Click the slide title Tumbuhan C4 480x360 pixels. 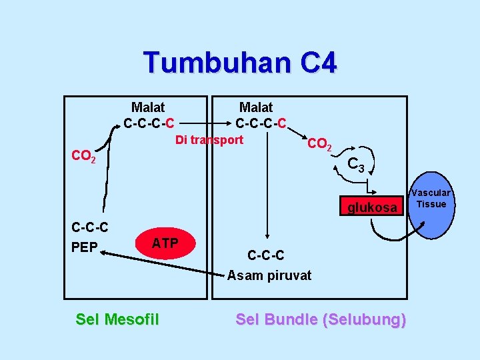point(240,63)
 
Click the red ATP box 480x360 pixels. point(165,243)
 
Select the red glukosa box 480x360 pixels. point(371,208)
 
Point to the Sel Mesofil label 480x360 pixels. point(117,319)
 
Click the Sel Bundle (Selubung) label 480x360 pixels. point(321,319)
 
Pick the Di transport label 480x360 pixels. point(209,140)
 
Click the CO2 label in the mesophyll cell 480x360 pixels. point(83,157)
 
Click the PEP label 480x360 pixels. point(85,247)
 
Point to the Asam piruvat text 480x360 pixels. point(269,275)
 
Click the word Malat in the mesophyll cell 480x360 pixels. point(148,107)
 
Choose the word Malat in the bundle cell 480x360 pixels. point(256,107)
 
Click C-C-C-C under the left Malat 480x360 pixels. point(149,123)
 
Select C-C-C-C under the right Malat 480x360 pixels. point(261,123)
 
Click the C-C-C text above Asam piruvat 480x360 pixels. point(265,255)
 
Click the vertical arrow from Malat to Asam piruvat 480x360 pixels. point(267,187)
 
